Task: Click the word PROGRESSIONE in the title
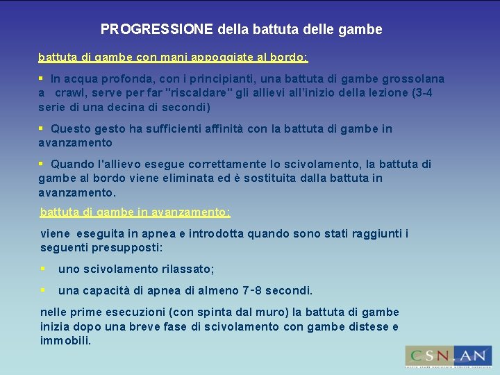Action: pos(157,29)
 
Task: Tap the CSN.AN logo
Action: pos(448,356)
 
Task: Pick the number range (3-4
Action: pos(417,93)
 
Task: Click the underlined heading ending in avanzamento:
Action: pos(135,212)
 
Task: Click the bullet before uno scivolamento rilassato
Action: pos(43,269)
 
